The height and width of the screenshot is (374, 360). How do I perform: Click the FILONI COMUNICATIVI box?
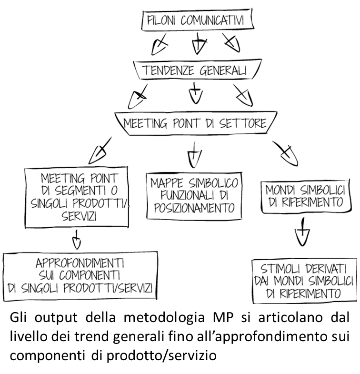point(197,21)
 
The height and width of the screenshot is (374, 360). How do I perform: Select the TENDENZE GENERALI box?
point(196,71)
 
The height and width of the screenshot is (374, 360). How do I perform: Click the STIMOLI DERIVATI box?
point(304,280)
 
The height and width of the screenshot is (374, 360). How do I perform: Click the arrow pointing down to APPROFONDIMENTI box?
point(77,240)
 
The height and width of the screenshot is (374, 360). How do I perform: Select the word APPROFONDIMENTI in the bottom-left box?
point(80,263)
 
